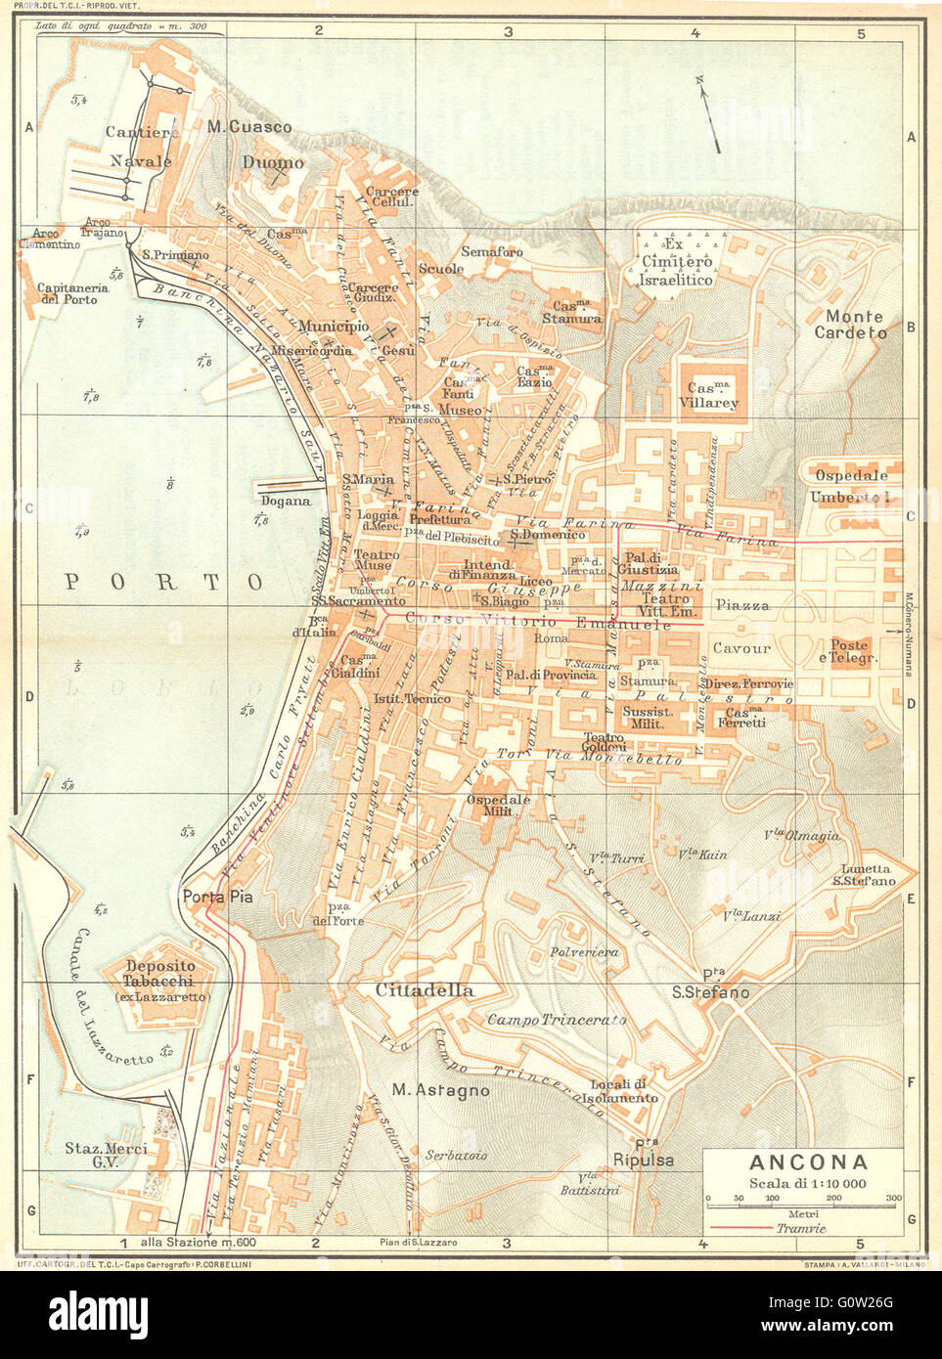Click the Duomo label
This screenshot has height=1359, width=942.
(273, 162)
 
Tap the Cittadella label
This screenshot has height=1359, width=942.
(425, 990)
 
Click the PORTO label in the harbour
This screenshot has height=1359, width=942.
(163, 583)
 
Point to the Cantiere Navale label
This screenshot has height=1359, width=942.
(141, 147)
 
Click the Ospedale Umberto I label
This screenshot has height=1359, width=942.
(851, 486)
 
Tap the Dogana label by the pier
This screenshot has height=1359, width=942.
(286, 501)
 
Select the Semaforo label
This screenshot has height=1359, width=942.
(491, 251)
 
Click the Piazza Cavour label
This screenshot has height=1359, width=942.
(741, 626)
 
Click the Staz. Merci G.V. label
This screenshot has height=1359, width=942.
(106, 1156)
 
